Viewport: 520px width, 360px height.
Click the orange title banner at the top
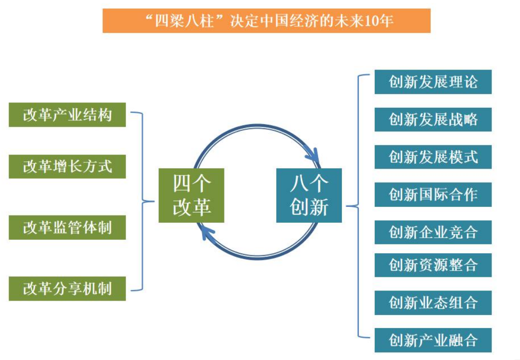[266, 21]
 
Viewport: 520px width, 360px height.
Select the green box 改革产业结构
[67, 115]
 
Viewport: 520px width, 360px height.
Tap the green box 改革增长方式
[67, 167]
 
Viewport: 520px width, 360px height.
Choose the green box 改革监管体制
[67, 228]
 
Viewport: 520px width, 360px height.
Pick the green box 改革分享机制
[67, 288]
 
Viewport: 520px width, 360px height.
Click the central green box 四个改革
[191, 195]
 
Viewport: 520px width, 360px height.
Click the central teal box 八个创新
[309, 195]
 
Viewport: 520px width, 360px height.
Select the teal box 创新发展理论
[433, 82]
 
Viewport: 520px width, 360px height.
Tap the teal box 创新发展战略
[433, 119]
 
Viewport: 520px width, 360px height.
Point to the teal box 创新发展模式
[433, 157]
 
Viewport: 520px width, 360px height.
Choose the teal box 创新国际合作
[433, 195]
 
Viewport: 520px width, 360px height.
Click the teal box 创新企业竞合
[433, 232]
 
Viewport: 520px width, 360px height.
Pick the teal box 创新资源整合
[433, 265]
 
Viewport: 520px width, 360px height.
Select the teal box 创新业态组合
[433, 303]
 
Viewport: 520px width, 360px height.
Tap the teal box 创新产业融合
[433, 340]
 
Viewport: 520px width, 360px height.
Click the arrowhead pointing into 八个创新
[313, 156]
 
